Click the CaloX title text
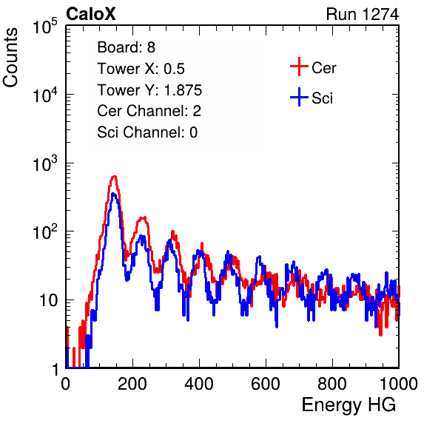pos(91,14)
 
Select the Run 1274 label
pos(363,14)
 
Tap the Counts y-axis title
pos(10,58)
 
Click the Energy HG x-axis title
pos(349,405)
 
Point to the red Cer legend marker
pos(299,67)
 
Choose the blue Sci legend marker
pos(299,97)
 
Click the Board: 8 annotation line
pos(127,47)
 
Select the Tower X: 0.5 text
pos(141,69)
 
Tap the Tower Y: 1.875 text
pos(149,90)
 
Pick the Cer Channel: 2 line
pos(149,111)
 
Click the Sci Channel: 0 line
pos(147,132)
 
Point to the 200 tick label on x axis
pos(132,383)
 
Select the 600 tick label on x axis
pos(266,383)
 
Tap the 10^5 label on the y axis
pos(45,27)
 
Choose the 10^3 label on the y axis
pos(45,163)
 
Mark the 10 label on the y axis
pos(49,301)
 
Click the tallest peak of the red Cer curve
pos(114,177)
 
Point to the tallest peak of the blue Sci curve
pos(113,194)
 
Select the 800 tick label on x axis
pos(332,383)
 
